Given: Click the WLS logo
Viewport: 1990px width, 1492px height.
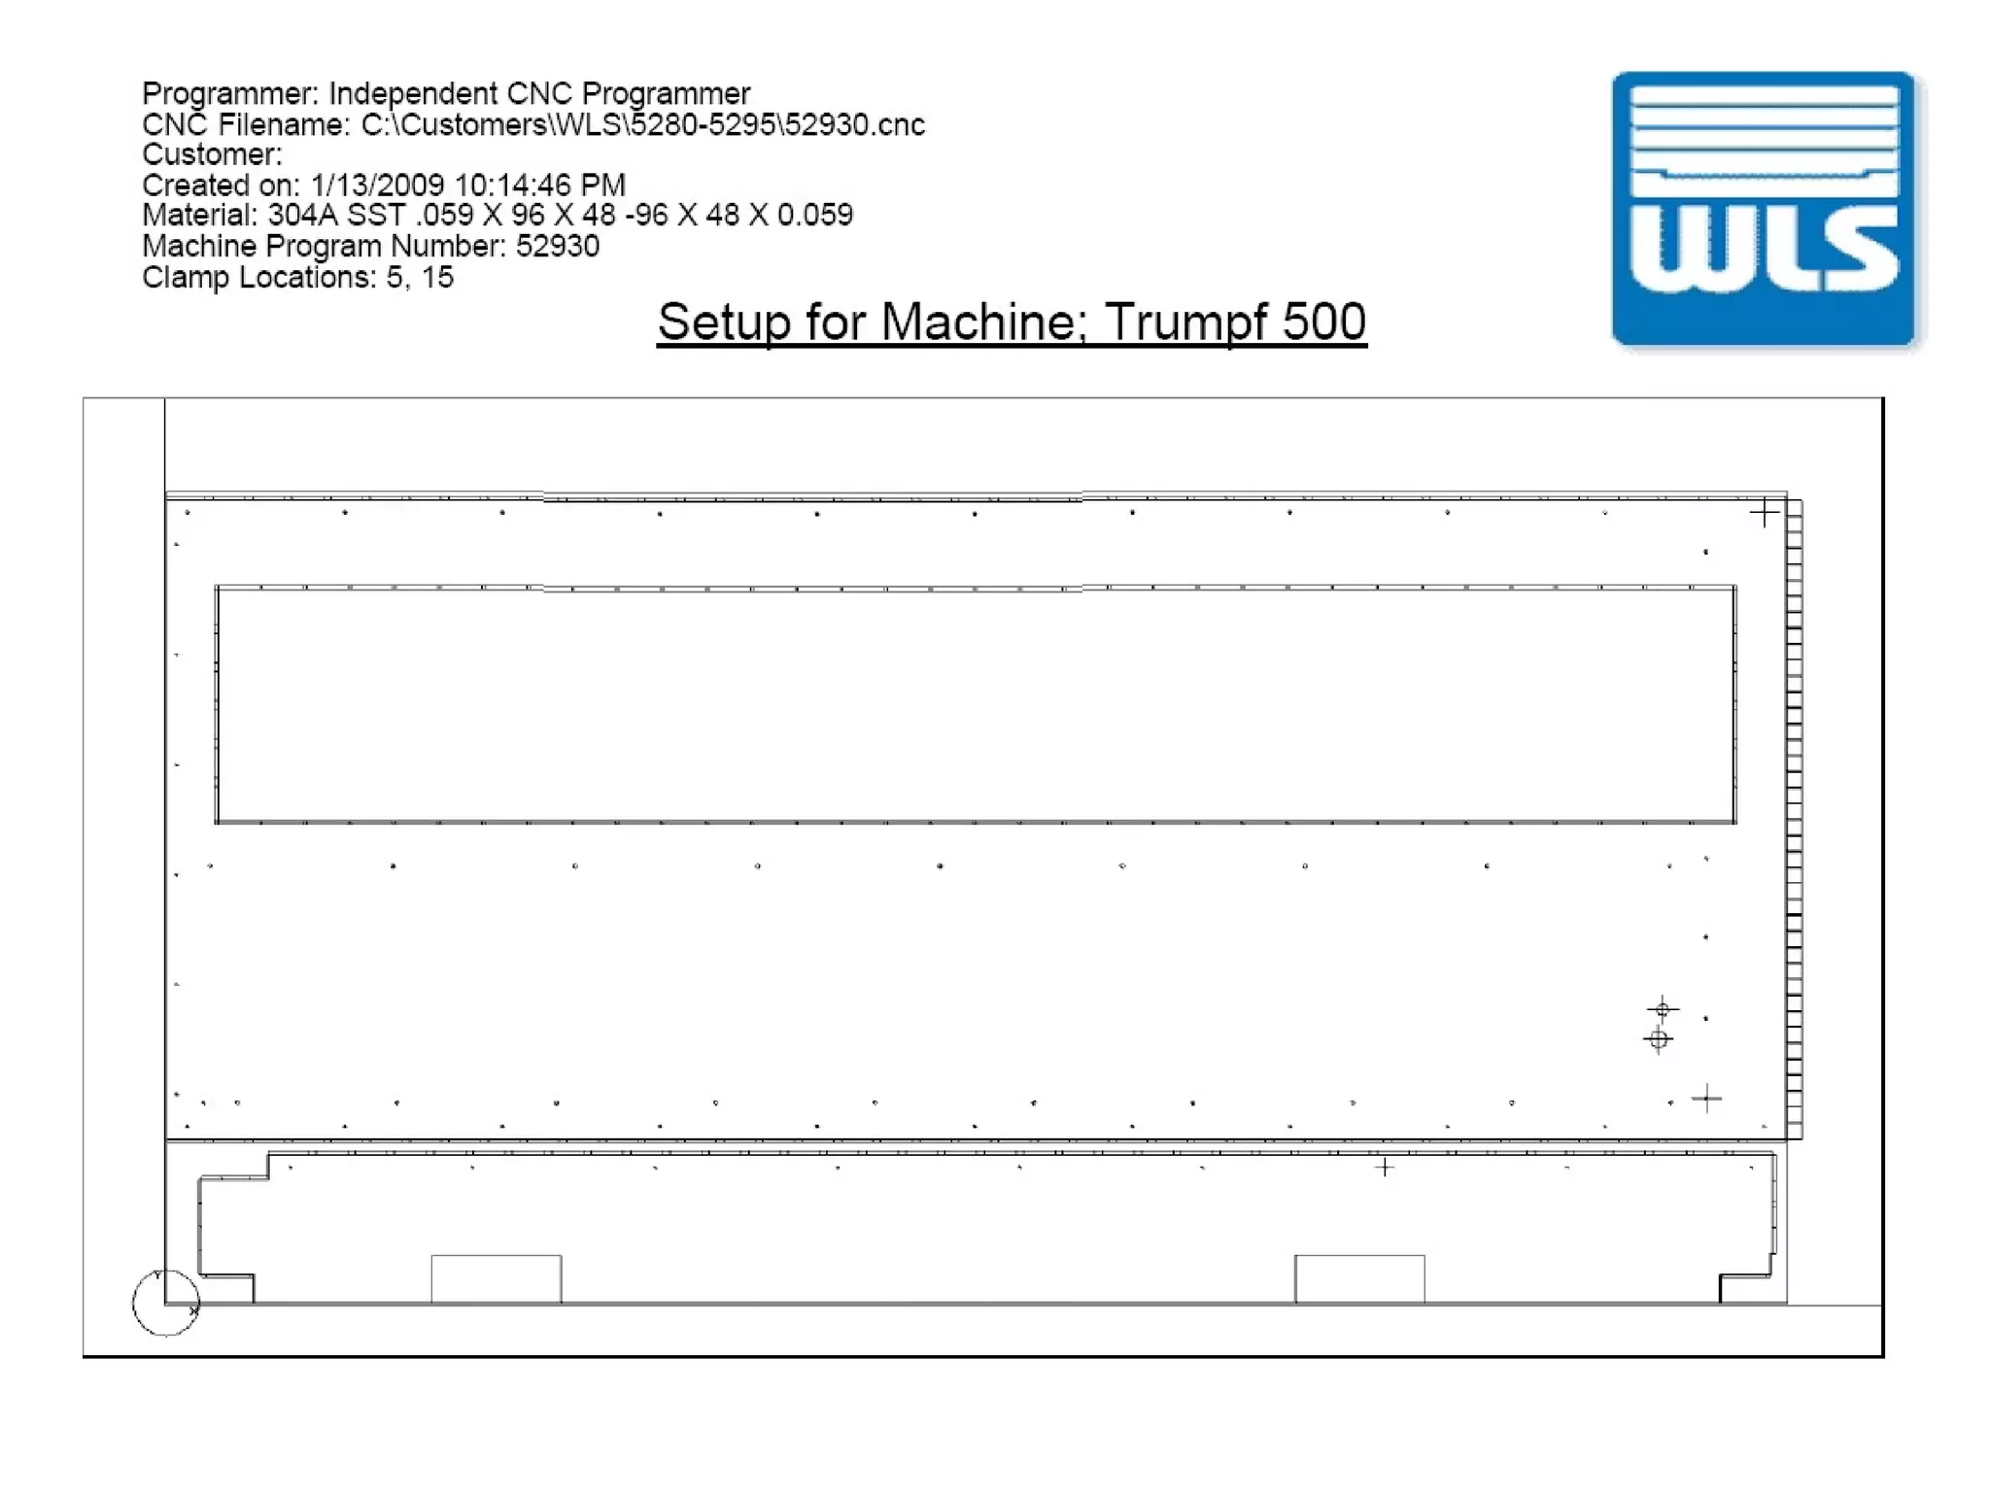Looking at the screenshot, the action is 1764,209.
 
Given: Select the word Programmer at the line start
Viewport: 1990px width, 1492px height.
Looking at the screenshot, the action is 230,94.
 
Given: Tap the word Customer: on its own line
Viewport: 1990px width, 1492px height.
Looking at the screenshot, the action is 212,154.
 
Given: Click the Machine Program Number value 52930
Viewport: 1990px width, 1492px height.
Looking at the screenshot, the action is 558,246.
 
